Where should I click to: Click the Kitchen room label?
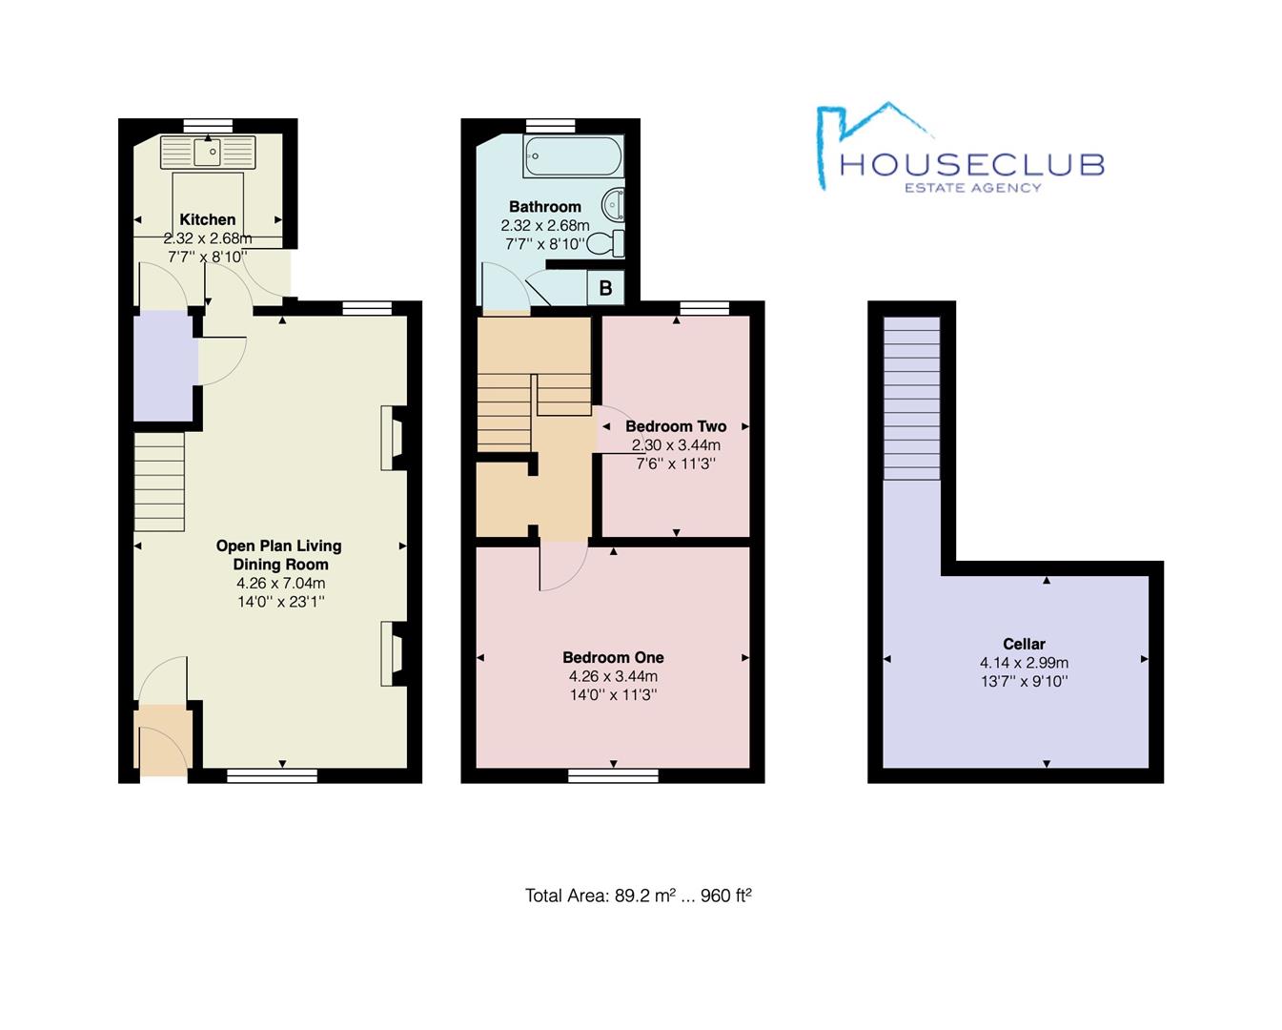[207, 219]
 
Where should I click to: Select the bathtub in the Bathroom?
[573, 155]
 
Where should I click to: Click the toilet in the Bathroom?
[606, 243]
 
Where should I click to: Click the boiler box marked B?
[605, 287]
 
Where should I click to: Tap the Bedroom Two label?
[676, 426]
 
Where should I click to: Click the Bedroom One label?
[613, 657]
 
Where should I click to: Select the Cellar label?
[1024, 644]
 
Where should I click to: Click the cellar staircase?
[912, 398]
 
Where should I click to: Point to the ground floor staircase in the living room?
[159, 482]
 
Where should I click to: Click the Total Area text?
[638, 896]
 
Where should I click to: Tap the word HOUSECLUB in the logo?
[971, 164]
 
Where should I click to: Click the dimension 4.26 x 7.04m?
[280, 583]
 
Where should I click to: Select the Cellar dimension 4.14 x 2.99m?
[1024, 663]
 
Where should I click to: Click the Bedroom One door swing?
[562, 566]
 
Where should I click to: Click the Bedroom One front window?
[613, 775]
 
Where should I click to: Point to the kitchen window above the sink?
[208, 125]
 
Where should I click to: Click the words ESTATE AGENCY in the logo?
[972, 188]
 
